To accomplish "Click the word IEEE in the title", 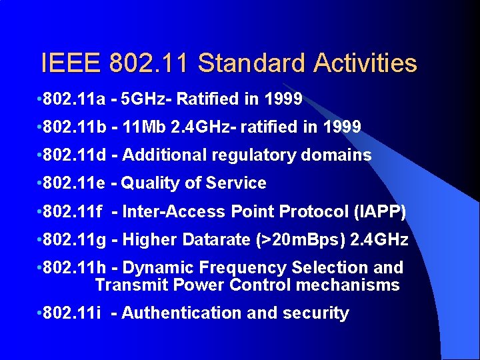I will click(x=69, y=64).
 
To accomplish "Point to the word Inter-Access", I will click(x=174, y=212).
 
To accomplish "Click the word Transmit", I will click(x=131, y=285).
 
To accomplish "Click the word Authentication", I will click(x=180, y=313).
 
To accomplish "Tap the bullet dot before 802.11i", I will click(x=38, y=313).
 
